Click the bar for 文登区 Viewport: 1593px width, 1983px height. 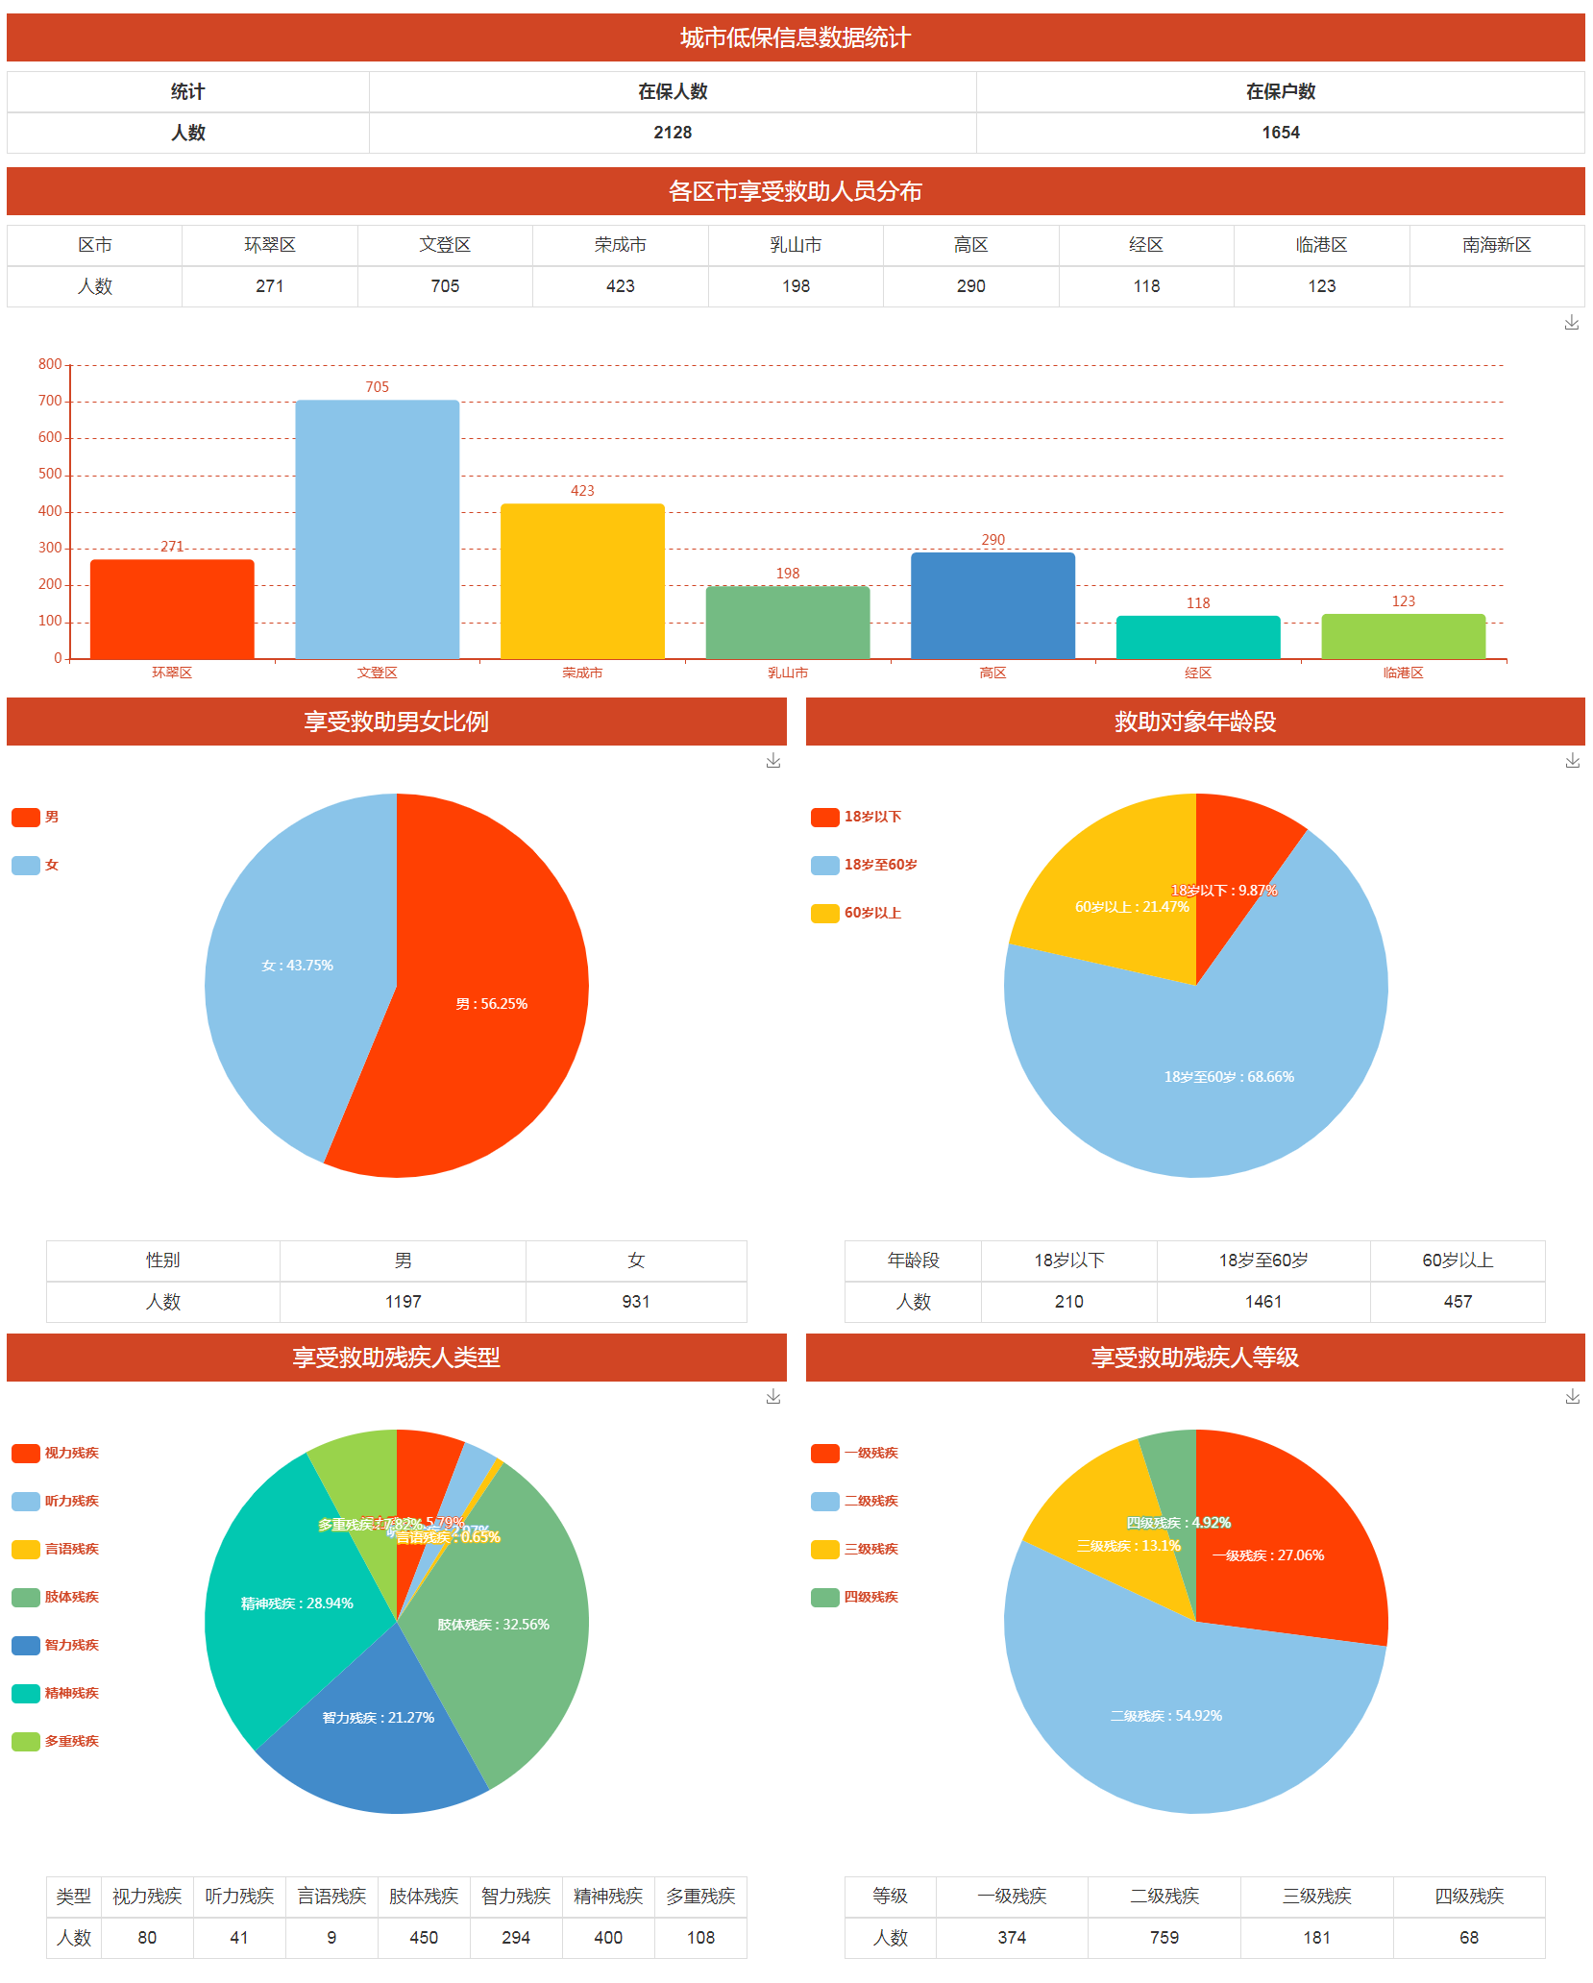click(x=377, y=528)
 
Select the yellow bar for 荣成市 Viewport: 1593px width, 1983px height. click(x=582, y=580)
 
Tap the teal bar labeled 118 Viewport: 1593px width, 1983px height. click(x=1197, y=636)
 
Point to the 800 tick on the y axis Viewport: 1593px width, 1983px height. click(x=50, y=364)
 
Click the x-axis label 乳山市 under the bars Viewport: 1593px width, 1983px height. click(x=788, y=673)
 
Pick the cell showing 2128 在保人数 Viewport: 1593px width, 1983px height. click(x=673, y=133)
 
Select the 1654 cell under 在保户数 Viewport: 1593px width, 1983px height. click(x=1280, y=133)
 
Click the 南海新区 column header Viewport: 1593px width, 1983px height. click(x=1496, y=245)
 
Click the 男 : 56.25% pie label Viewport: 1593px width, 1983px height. click(x=491, y=1004)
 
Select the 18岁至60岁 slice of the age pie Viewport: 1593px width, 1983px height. click(x=1229, y=1076)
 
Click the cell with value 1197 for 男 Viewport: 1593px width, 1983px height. click(x=403, y=1302)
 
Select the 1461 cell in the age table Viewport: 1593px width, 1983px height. click(x=1262, y=1302)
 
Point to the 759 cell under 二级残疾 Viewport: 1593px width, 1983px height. click(x=1164, y=1938)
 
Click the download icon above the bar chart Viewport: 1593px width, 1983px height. click(x=1571, y=323)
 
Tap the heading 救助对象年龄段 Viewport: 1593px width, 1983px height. click(x=1194, y=722)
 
